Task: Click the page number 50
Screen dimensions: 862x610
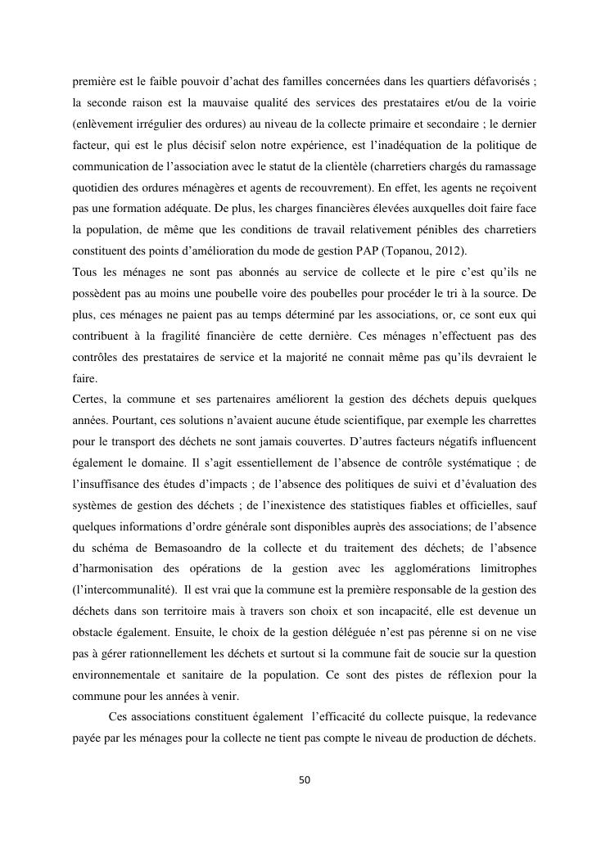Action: click(305, 779)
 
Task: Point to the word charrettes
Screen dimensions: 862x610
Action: click(510, 422)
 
